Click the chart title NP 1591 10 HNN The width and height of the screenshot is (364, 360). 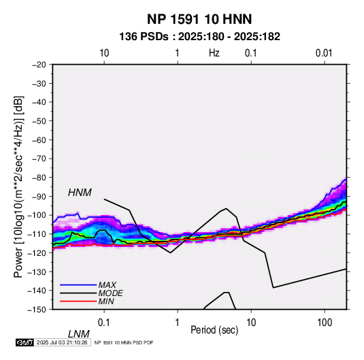tap(199, 19)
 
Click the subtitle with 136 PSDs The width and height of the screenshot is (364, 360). tap(199, 37)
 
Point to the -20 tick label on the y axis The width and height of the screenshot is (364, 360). tap(39, 65)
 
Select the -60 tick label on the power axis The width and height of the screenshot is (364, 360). tap(39, 140)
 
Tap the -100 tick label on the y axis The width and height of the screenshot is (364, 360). tap(37, 215)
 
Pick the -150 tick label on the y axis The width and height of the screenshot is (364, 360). tap(37, 310)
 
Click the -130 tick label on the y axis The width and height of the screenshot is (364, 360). tap(37, 272)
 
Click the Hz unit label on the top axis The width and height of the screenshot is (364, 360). tap(214, 53)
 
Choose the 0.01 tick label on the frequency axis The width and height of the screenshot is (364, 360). tap(324, 53)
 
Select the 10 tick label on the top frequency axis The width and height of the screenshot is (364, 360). tap(104, 53)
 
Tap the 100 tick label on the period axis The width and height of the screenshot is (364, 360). tap(325, 323)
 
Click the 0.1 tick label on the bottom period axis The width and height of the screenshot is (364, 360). tap(104, 323)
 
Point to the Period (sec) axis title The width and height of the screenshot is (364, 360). tap(214, 330)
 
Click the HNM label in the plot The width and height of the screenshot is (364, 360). tap(80, 193)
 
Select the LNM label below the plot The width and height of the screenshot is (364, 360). tap(79, 334)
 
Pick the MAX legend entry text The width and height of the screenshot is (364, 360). tap(107, 284)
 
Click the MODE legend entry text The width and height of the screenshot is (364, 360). tap(110, 293)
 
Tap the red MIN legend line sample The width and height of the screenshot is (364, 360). tap(78, 301)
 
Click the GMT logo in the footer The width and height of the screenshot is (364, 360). tap(25, 342)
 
